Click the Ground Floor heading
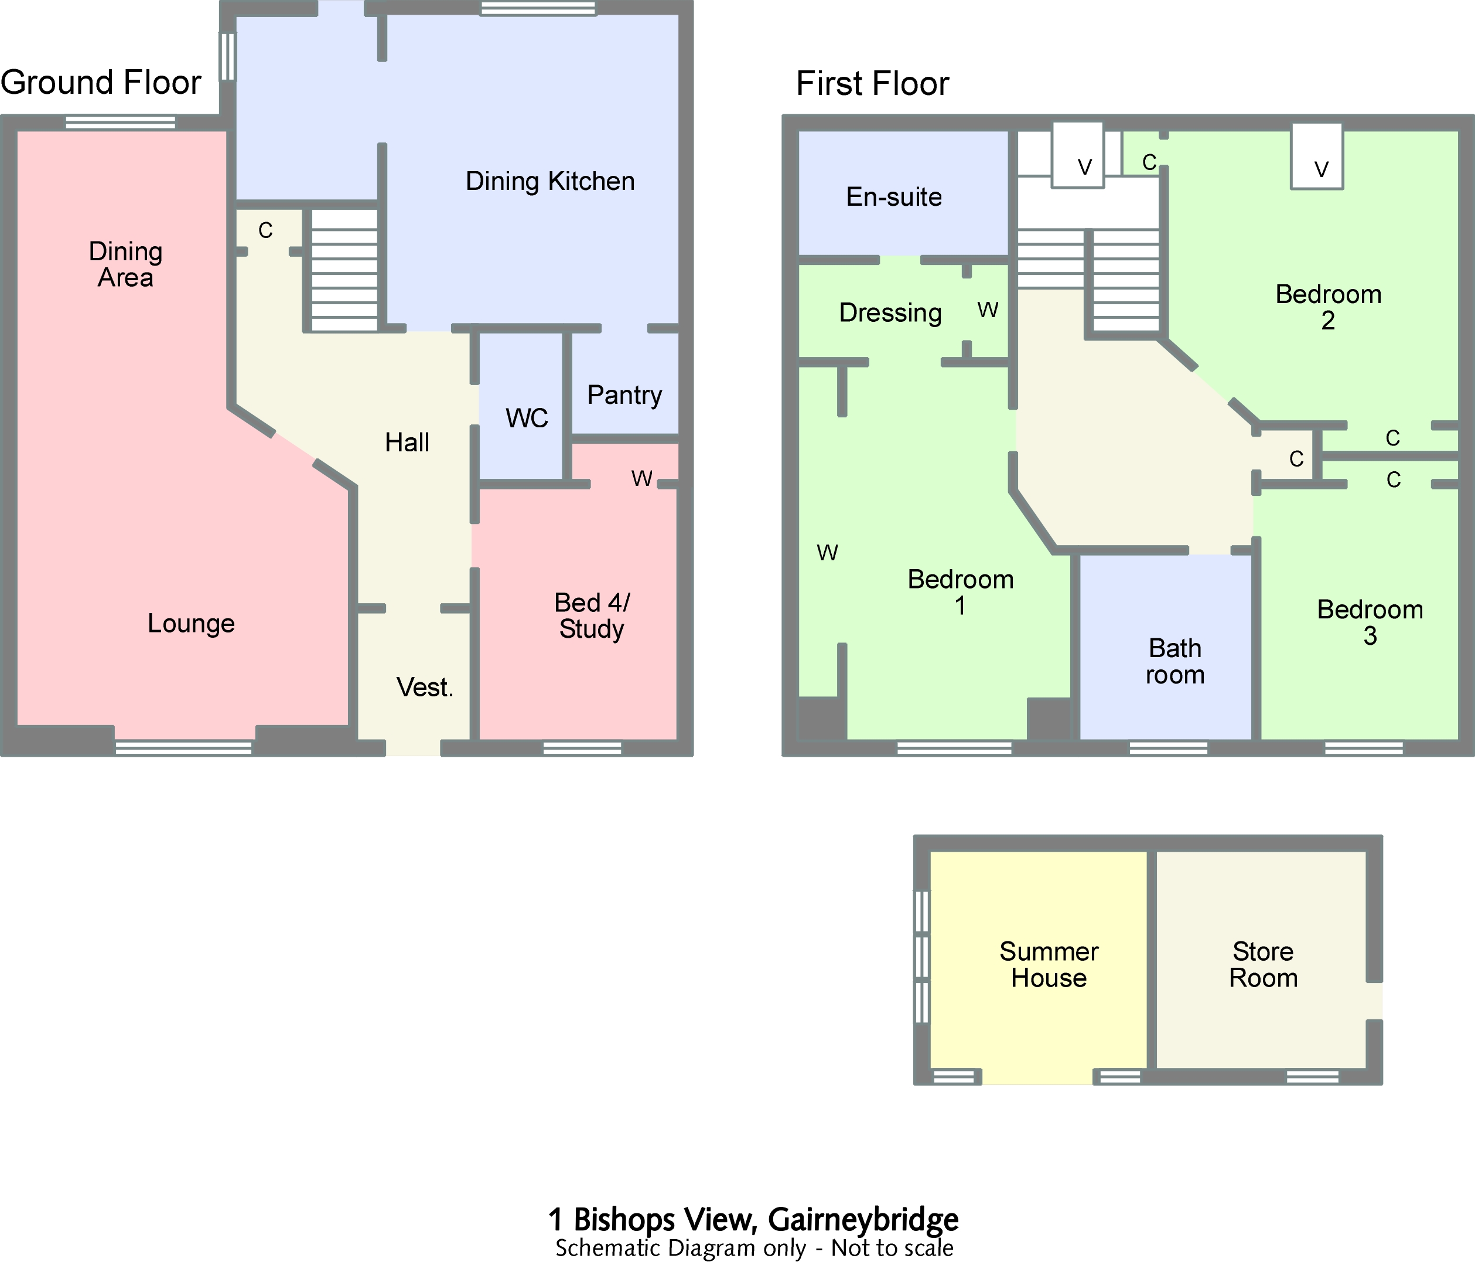101,83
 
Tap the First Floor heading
872,84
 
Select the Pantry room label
624,394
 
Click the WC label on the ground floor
527,418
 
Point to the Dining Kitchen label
549,181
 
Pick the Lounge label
191,623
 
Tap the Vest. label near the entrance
424,687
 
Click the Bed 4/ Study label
592,616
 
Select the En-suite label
893,196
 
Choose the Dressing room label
890,312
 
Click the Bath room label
1174,662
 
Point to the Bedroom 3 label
1370,623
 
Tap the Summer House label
1049,965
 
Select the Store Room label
1263,965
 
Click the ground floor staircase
344,271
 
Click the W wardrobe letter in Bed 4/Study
641,478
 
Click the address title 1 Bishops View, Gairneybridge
753,1220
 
